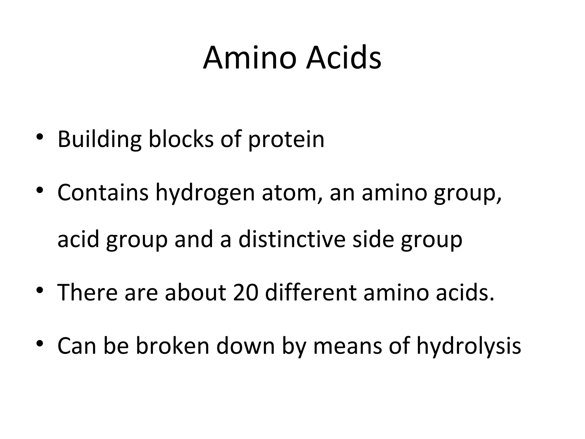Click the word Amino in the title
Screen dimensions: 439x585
249,58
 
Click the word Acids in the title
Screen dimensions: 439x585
343,58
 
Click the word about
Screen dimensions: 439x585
195,293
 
